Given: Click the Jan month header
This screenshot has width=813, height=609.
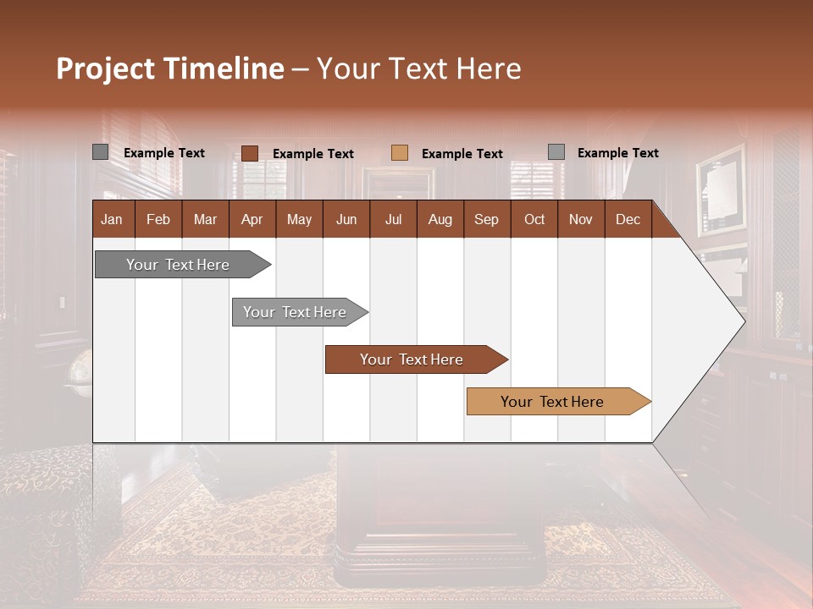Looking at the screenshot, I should [112, 219].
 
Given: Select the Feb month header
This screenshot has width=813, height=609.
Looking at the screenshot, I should [158, 219].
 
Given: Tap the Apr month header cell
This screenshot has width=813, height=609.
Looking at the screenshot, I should [252, 219].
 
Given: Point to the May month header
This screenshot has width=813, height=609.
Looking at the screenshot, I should [299, 219].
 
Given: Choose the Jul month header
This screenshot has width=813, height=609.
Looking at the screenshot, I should [393, 219].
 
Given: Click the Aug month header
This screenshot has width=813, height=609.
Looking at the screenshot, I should [440, 219].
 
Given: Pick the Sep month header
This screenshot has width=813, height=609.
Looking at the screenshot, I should [487, 219].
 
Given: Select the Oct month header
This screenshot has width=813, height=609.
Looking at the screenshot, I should [534, 219].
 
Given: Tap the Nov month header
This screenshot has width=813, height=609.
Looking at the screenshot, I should [581, 219].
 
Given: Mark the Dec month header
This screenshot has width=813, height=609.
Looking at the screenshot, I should [628, 219].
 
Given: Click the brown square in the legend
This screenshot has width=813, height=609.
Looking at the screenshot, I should [249, 153].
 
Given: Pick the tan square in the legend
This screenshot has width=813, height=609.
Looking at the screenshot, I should [400, 153].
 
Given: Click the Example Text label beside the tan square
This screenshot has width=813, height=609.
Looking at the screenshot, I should [462, 154].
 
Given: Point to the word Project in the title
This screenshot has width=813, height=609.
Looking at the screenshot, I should [105, 69].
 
